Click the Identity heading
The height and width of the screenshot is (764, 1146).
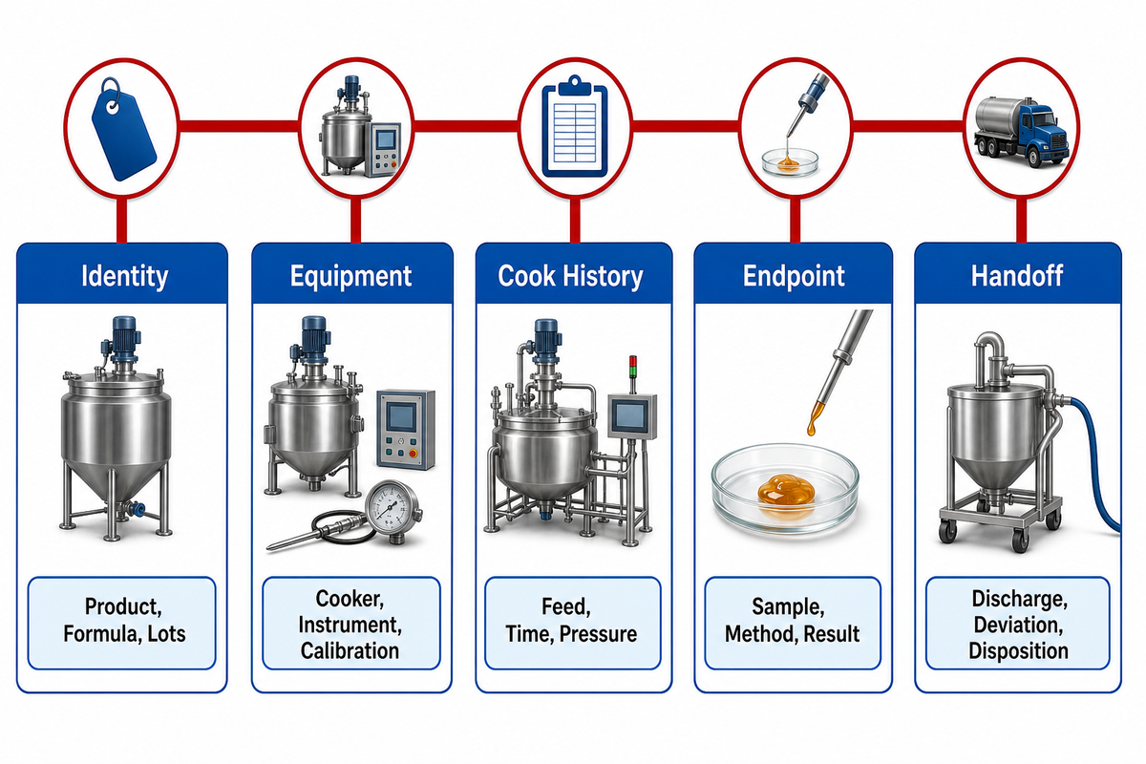coord(125,276)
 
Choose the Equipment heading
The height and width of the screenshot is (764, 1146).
coord(351,277)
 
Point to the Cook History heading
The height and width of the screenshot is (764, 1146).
coord(570,276)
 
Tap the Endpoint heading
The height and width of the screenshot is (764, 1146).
coord(794,276)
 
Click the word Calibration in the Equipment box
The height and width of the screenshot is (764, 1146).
coord(350,651)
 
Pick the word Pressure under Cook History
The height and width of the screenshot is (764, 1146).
coord(598,634)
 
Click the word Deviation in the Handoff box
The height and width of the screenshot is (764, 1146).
coord(1018,625)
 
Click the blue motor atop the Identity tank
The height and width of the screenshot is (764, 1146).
coord(122,338)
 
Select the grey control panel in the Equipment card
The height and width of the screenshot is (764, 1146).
coord(406,430)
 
